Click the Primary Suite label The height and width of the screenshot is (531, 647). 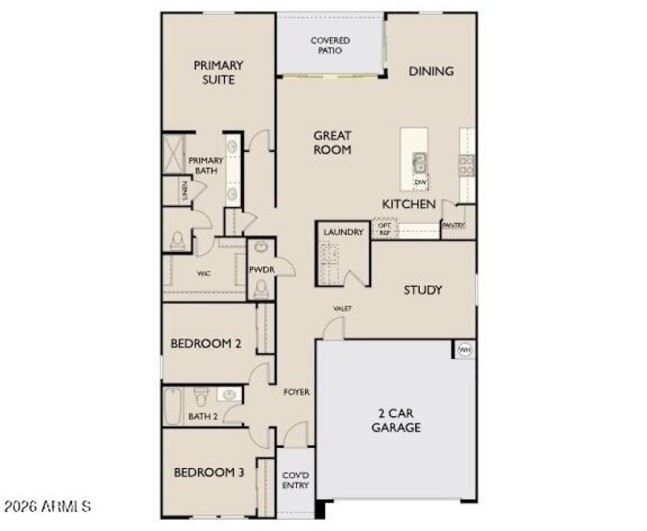click(218, 72)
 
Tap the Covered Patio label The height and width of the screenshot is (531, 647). click(330, 45)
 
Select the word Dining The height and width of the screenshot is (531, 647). click(430, 71)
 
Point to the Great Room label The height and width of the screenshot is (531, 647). click(332, 142)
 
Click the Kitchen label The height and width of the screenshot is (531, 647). click(409, 204)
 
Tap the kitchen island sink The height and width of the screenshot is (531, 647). click(420, 162)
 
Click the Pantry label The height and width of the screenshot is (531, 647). click(454, 225)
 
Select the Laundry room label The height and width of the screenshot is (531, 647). click(343, 233)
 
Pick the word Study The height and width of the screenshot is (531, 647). click(423, 289)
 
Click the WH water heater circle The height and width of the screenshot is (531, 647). click(465, 350)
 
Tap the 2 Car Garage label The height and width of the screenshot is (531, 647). click(395, 420)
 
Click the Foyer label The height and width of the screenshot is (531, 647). click(296, 393)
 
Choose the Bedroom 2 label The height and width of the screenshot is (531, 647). click(205, 343)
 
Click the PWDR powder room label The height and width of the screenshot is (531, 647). click(260, 270)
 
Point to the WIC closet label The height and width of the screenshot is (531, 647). click(203, 274)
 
